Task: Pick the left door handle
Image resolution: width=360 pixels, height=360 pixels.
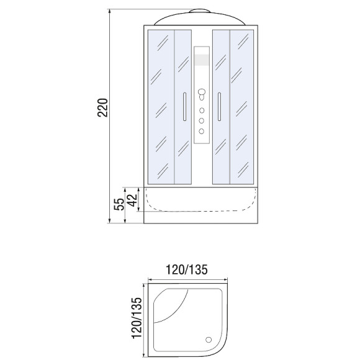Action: click(x=183, y=107)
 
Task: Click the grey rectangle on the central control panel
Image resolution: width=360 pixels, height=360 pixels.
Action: click(x=202, y=60)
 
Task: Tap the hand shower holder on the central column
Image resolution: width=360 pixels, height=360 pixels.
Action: click(x=202, y=94)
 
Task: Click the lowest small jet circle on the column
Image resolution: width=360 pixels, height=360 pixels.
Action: click(x=202, y=130)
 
